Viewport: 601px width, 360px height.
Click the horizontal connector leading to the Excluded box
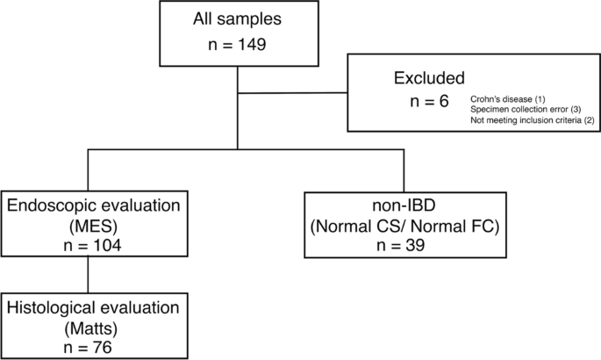click(x=293, y=92)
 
